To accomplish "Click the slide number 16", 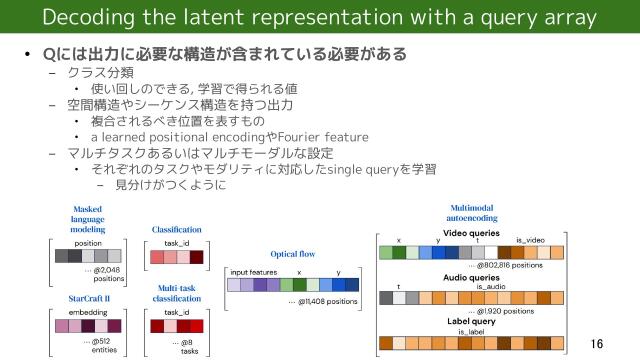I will tap(597, 343).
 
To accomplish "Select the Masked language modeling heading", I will tap(88, 219).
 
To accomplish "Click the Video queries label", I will tap(470, 232).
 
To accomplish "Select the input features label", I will tap(253, 272).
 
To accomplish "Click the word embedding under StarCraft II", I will tap(87, 312).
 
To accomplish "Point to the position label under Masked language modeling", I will tap(88, 243).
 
